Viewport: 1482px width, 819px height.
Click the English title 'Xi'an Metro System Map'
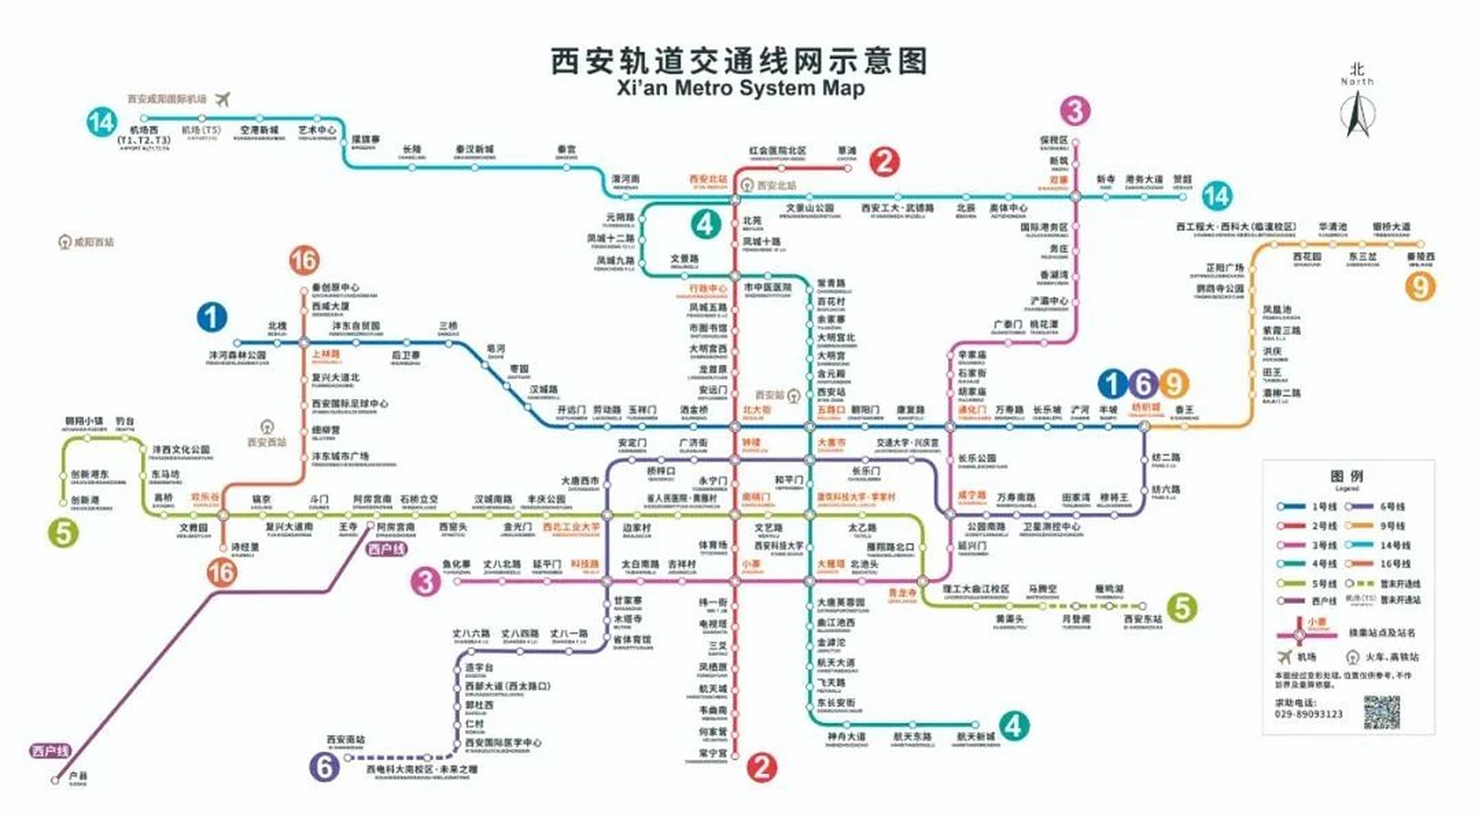(x=740, y=88)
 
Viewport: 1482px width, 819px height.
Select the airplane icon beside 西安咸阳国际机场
(x=222, y=99)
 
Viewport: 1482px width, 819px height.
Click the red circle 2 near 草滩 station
(x=884, y=162)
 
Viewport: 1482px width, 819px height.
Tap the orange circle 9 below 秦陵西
(x=1420, y=286)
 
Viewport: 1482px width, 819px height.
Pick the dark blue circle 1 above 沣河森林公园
(x=212, y=317)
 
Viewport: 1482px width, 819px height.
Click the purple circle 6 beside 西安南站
(x=324, y=766)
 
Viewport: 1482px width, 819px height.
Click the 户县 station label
(x=78, y=776)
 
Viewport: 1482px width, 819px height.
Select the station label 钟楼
(x=751, y=443)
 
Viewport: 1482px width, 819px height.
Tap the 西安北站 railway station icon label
(x=776, y=186)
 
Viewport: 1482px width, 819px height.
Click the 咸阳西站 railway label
(x=93, y=242)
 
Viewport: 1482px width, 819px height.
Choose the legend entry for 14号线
(x=1394, y=545)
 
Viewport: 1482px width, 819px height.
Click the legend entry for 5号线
(x=1323, y=584)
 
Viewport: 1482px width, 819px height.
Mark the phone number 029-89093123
(x=1308, y=714)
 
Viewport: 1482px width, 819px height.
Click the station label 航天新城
(x=975, y=737)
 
